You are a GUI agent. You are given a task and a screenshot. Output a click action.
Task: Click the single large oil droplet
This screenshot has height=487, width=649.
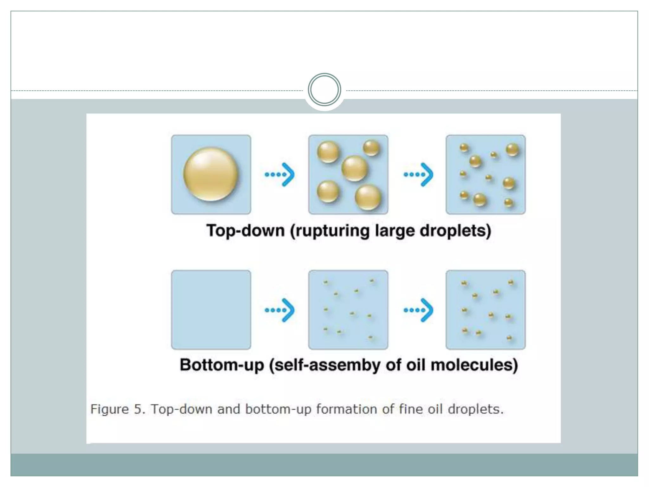click(211, 174)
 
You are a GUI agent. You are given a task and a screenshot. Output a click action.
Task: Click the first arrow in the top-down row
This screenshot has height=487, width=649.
click(280, 174)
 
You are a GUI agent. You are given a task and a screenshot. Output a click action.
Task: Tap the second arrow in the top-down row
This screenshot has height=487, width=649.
click(418, 174)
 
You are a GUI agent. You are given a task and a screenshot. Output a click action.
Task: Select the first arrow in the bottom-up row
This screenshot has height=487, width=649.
click(280, 310)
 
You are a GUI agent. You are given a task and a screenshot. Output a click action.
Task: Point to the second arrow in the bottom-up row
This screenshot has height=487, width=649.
click(418, 310)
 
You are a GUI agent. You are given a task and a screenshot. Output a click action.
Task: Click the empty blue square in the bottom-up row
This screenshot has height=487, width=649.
click(211, 310)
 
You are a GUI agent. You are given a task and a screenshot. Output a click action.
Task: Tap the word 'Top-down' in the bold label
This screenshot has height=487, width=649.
click(246, 231)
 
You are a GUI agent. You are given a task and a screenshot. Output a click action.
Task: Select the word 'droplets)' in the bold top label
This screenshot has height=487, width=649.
click(455, 231)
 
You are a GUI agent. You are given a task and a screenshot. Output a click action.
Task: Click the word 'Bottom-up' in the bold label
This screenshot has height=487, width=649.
click(222, 365)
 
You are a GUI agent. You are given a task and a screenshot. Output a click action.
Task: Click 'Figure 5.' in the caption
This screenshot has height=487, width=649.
click(118, 409)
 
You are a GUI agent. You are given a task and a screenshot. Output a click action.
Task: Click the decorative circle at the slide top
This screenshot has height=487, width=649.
click(324, 90)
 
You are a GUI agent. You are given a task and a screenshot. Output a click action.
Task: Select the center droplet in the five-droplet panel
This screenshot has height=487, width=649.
click(354, 168)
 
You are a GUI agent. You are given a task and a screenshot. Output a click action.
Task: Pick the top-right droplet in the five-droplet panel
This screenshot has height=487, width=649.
click(371, 148)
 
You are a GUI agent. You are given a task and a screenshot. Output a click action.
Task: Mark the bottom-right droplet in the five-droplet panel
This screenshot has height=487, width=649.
click(368, 198)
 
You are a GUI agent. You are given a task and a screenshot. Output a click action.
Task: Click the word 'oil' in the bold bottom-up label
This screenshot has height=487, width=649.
click(416, 365)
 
